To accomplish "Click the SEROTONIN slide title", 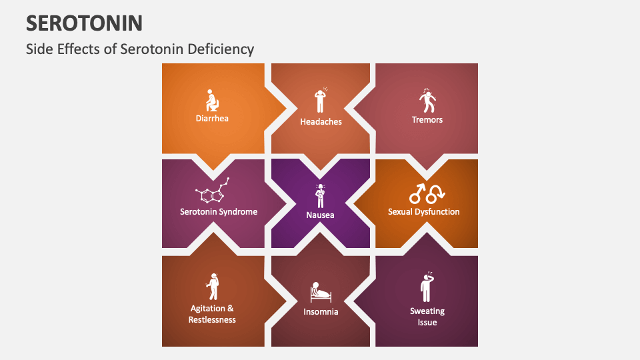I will point(84,23).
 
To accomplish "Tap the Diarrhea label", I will point(212,119).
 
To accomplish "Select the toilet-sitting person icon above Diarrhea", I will point(212,101).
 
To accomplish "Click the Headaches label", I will point(321,122).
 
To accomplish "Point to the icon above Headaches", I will point(321,101).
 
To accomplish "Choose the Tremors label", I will point(427,119).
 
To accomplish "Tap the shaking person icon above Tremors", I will point(427,101).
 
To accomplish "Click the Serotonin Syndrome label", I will point(219,212).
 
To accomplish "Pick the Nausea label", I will point(321,215).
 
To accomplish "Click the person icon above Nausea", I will point(321,195).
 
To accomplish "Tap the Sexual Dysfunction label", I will point(424,212).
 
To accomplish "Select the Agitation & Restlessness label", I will point(212,314).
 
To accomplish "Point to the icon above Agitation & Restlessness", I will point(213,287).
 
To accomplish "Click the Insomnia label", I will point(321,311).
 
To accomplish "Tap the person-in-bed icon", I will point(321,293).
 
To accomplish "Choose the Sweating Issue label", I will point(427,317).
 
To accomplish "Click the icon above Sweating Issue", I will point(427,287).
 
